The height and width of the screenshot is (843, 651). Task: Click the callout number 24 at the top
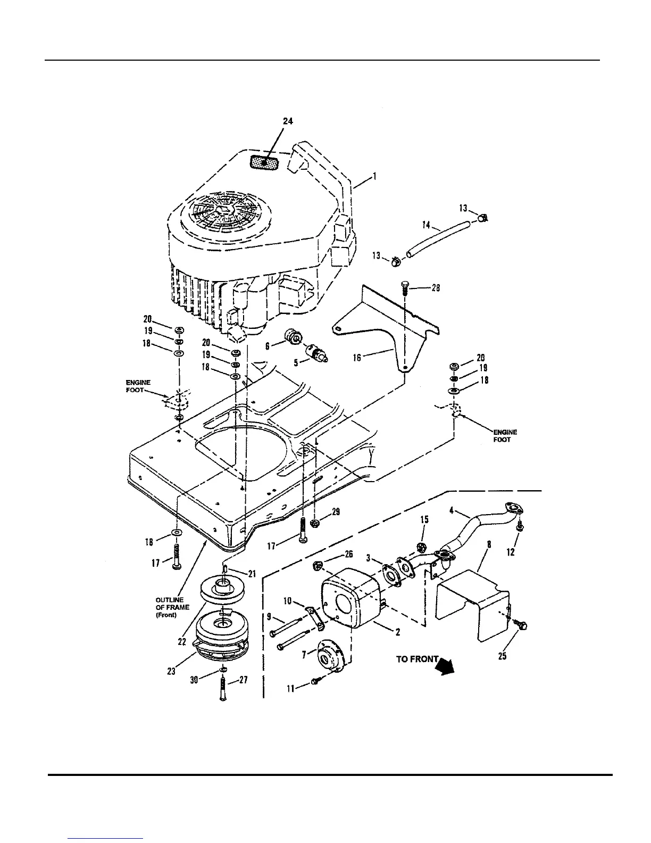(287, 121)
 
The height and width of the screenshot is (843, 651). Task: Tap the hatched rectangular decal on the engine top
(265, 162)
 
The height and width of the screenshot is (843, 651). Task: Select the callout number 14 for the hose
(427, 226)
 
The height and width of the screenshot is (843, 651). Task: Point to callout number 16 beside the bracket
(357, 357)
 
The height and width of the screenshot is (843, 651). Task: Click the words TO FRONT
(418, 659)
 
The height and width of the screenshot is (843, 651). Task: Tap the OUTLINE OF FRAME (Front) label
(172, 607)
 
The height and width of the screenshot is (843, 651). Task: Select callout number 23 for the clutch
(171, 671)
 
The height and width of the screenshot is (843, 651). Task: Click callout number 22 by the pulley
(182, 642)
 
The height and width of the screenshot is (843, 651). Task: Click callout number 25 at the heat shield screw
(502, 656)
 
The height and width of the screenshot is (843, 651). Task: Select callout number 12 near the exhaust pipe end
(511, 552)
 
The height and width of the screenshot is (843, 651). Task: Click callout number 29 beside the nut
(336, 512)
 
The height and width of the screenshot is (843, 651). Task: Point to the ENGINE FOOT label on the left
(138, 386)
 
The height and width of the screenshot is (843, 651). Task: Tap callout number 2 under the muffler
(398, 632)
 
